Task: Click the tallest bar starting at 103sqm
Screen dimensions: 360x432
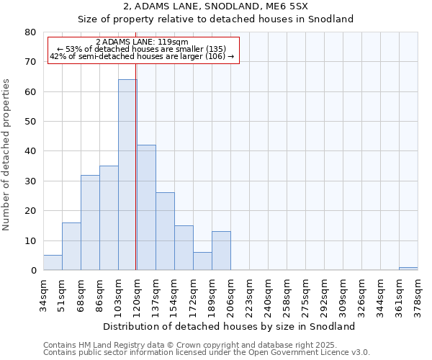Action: tap(127, 175)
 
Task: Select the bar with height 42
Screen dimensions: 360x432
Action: tap(146, 207)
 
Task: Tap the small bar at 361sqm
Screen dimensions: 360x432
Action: tap(408, 269)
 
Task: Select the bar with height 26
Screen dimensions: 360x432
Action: tap(165, 231)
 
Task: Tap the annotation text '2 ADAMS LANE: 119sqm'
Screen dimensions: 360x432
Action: tap(142, 42)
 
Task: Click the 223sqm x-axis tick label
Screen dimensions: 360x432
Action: tap(249, 293)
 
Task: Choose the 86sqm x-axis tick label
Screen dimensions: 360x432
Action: tap(99, 293)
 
